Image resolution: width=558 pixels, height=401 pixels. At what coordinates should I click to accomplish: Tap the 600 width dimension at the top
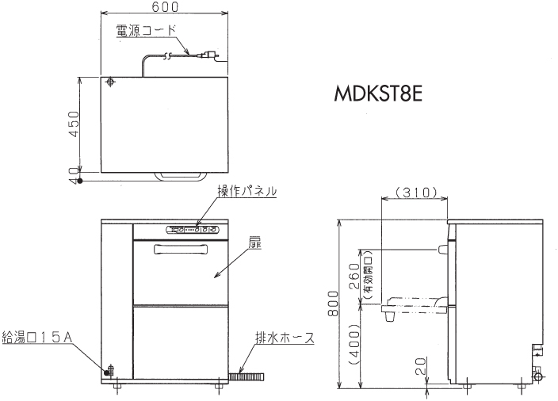coord(165,7)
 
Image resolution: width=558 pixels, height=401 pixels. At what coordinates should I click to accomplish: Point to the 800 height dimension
coord(334,303)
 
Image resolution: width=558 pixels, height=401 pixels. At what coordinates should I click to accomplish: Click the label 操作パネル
coord(247,190)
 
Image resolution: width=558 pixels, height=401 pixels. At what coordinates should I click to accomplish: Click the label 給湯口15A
coord(37,338)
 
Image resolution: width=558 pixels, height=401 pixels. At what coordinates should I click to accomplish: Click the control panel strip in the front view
coord(193,231)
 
